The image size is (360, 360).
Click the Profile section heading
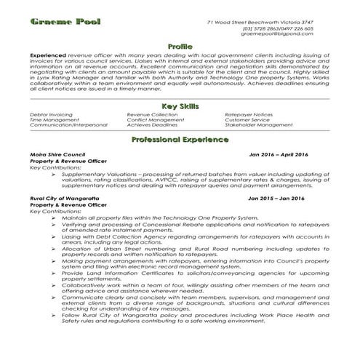click(180, 47)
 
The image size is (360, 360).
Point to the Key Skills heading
click(180, 107)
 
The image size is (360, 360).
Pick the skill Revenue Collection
click(151, 115)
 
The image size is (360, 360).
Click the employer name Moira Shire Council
click(58, 156)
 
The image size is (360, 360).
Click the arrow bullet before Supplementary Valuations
click(55, 174)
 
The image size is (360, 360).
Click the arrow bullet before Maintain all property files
click(55, 217)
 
